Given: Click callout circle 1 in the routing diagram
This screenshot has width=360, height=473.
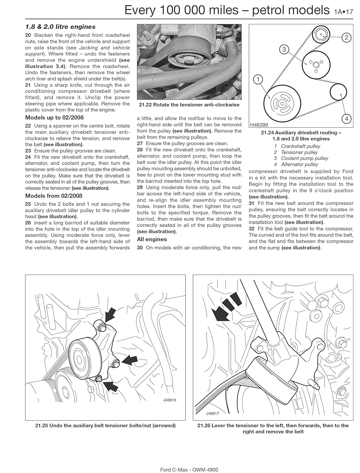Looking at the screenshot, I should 258,80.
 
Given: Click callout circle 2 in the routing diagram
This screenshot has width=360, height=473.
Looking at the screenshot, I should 346,38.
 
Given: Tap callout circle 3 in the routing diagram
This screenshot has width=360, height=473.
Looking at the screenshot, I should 284,49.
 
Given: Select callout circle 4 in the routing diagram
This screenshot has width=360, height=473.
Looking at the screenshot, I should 346,119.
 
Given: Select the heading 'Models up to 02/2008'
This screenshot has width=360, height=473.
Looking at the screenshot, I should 54,118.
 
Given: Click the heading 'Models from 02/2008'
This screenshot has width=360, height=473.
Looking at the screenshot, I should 54,196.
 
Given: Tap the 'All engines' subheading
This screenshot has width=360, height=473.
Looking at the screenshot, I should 152,239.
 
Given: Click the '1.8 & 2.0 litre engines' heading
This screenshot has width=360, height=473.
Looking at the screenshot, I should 60,27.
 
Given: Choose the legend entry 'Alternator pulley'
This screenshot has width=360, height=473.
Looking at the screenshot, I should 299,164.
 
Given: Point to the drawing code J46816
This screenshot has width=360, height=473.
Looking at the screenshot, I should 169,400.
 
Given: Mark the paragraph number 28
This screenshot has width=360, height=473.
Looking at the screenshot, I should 140,150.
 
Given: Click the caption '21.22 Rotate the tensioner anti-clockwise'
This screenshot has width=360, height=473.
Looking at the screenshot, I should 189,105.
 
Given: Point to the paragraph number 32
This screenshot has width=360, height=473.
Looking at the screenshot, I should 251,229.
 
